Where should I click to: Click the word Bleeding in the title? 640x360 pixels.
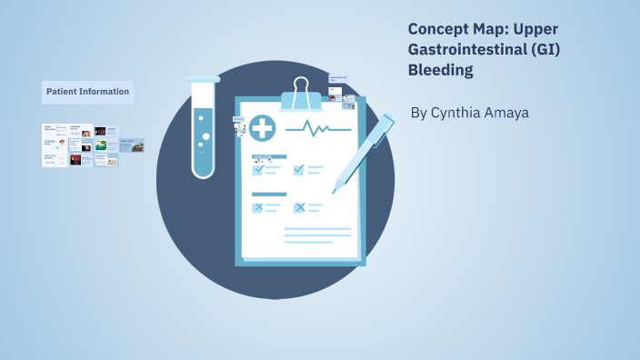[441, 70]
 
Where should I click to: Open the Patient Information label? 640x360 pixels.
[87, 92]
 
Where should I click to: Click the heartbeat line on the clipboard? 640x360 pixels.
[317, 127]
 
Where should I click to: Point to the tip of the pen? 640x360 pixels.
[336, 190]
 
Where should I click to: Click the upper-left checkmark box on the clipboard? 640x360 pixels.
[258, 169]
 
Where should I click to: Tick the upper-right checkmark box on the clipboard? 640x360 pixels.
[298, 169]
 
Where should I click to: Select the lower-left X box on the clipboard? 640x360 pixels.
[258, 207]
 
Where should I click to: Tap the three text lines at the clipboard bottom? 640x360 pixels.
[317, 235]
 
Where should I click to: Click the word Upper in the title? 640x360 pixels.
[534, 28]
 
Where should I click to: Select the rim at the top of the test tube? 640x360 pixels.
[204, 80]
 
